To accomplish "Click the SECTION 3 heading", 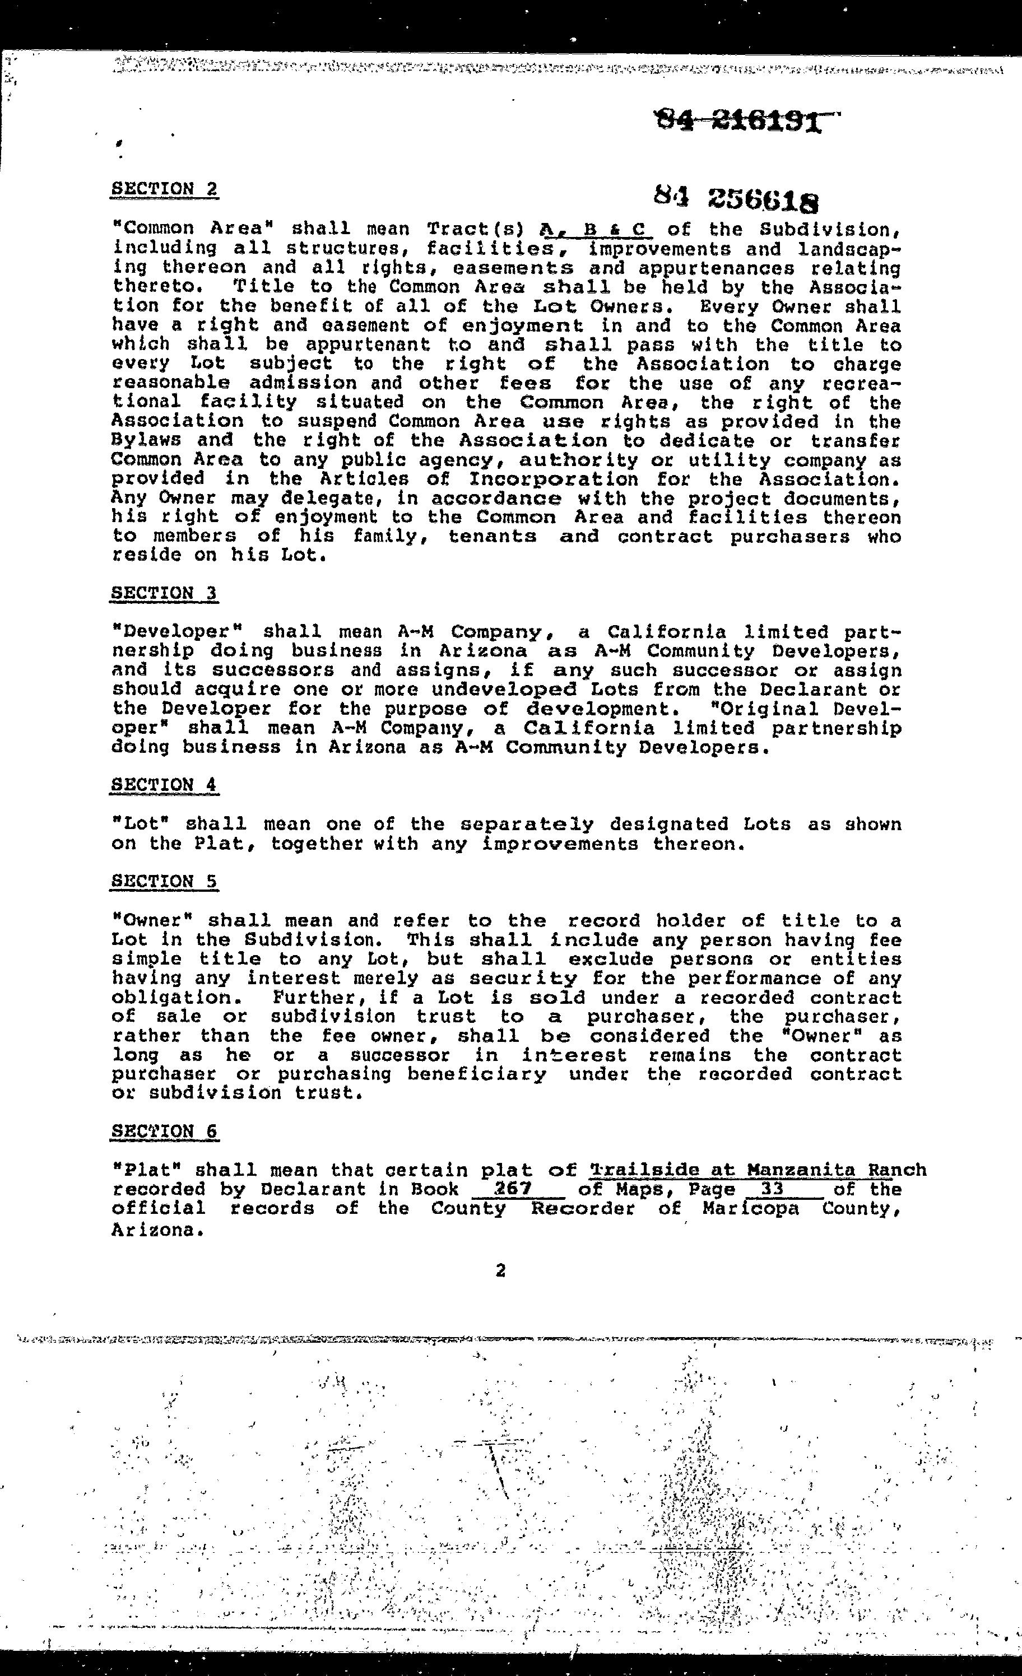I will tap(164, 593).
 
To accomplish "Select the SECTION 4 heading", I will tap(164, 785).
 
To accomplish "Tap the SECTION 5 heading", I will tap(164, 882).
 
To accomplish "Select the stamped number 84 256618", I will tap(736, 199).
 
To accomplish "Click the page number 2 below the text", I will tap(501, 1270).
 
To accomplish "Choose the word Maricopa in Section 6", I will tap(750, 1209).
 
